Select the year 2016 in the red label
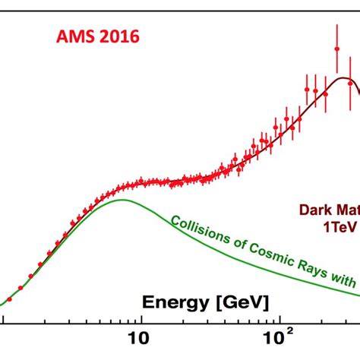point(118,36)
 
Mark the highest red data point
point(336,49)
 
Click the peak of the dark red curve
point(347,79)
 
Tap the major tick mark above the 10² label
point(278,320)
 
